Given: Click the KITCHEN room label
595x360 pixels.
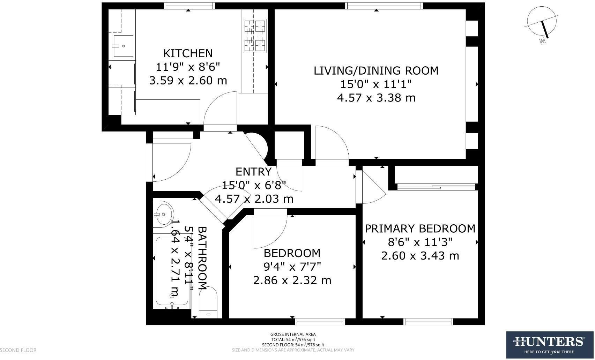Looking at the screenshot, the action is (x=188, y=53).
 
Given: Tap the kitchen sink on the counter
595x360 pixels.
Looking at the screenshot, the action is (x=123, y=46).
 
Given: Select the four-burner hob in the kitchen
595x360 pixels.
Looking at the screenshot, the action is (x=254, y=36).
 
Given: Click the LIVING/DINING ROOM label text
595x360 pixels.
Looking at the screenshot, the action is (x=376, y=70).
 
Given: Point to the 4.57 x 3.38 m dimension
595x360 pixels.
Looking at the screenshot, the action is (x=376, y=98).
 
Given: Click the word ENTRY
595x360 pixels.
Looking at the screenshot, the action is (x=253, y=172).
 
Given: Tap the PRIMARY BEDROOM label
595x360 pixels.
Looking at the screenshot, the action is (x=420, y=228).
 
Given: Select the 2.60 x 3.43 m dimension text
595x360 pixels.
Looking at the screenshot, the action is (x=420, y=256).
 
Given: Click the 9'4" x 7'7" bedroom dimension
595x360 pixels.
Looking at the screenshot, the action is (x=292, y=267).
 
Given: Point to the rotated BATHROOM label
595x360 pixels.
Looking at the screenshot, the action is (x=202, y=258).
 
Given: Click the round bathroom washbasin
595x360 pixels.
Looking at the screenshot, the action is (x=163, y=214).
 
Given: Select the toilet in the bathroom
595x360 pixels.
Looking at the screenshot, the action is (x=208, y=302).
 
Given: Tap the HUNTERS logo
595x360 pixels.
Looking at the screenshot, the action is (x=550, y=345).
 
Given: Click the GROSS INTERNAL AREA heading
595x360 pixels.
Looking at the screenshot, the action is (x=293, y=335).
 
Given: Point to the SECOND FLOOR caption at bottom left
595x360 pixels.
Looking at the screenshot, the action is (x=18, y=350).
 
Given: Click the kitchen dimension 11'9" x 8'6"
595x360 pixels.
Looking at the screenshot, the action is (x=188, y=67).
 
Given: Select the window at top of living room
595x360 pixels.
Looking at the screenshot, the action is (x=384, y=6).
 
